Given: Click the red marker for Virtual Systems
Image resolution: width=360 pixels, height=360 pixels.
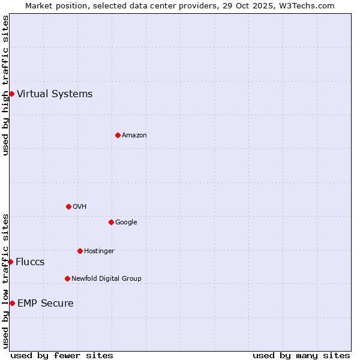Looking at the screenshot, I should click(11, 94).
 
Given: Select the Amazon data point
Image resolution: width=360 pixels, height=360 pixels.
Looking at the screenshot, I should click(118, 135).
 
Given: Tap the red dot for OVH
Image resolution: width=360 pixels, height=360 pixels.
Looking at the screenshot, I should click(68, 206).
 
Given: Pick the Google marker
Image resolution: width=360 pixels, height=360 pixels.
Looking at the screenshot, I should click(111, 222).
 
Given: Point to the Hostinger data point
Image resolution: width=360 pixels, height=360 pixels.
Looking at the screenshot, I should click(80, 251).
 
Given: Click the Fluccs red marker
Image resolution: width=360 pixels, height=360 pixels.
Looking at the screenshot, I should click(10, 262).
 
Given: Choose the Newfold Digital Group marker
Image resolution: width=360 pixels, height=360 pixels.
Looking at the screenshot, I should click(67, 278).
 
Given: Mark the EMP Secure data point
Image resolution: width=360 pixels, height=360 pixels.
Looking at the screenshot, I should click(12, 303).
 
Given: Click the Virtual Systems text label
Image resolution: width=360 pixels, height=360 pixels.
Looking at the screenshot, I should click(55, 94).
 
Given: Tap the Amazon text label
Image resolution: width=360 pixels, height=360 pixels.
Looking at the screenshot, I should click(134, 135).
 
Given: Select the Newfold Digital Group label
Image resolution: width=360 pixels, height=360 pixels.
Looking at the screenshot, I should click(106, 278).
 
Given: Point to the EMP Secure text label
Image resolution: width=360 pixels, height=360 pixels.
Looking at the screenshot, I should click(46, 303).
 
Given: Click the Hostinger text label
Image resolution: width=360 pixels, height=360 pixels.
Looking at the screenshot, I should click(99, 251).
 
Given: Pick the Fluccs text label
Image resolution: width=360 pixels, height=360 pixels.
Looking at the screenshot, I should click(30, 262).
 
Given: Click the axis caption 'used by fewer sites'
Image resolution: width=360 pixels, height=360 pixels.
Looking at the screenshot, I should click(62, 355).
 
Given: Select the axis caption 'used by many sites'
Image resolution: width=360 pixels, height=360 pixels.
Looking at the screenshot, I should click(301, 355).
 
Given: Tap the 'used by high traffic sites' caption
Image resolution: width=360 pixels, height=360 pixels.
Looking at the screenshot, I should click(5, 85).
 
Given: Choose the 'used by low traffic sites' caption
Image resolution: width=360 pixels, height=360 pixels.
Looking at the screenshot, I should click(5, 281).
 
